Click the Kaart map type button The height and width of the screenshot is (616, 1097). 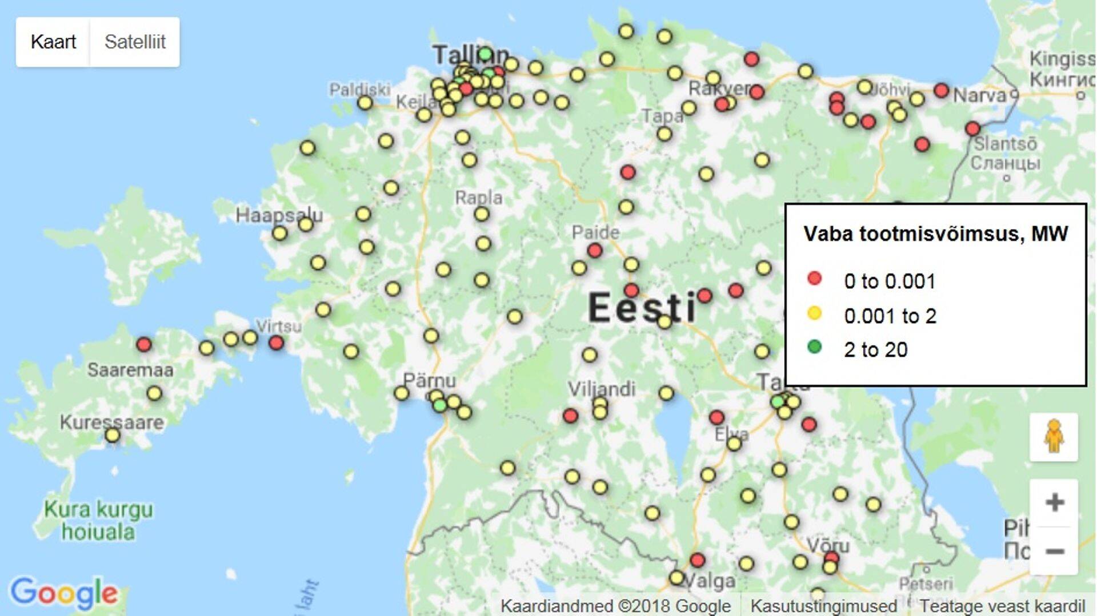53,42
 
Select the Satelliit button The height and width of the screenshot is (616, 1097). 135,42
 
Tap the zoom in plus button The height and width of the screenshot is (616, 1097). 1054,502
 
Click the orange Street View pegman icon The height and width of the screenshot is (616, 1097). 1054,437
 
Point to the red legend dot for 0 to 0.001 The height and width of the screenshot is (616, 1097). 814,279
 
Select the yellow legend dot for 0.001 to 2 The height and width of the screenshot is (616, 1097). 814,313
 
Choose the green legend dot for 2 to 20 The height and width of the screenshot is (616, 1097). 814,347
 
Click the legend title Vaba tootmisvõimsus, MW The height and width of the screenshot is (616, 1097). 935,233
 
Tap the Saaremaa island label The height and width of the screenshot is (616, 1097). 130,370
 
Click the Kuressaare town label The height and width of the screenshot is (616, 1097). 112,422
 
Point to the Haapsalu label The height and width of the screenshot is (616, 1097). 279,215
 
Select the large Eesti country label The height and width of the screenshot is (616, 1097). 642,307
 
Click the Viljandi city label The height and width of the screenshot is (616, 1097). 601,389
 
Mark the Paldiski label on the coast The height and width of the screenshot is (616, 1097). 359,90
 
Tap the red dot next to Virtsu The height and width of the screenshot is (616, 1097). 276,343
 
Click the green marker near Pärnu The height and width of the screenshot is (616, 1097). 439,405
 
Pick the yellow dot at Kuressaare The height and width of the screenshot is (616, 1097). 113,436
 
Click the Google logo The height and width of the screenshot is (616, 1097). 64,593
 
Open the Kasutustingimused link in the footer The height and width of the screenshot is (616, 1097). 823,606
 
